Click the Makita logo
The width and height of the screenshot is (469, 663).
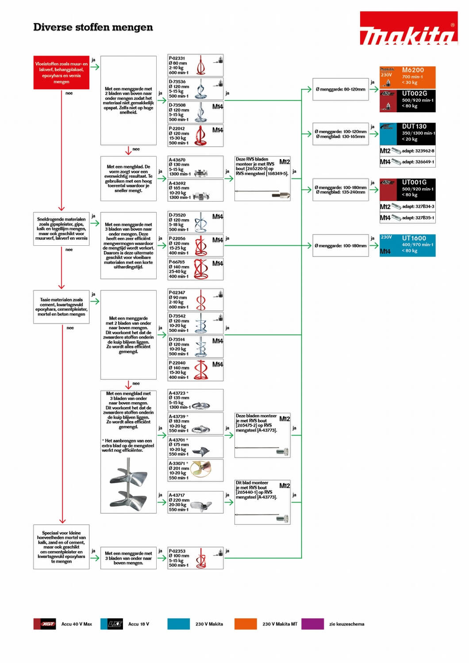[408, 28]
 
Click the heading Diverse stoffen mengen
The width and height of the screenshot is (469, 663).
[93, 27]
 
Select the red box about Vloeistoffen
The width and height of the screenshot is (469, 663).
[61, 72]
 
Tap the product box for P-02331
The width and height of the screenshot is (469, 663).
[195, 65]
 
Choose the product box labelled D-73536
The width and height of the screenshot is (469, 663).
[195, 89]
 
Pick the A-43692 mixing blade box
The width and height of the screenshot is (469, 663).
[195, 191]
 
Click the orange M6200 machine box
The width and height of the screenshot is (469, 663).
[407, 77]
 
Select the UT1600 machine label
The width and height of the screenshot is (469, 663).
[414, 238]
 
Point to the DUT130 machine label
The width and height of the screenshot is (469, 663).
[414, 126]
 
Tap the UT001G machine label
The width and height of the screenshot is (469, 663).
[414, 182]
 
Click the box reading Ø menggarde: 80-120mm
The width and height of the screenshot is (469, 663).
[340, 89]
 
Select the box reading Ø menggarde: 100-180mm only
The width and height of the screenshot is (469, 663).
[340, 246]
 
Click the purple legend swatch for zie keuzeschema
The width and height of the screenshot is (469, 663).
[313, 624]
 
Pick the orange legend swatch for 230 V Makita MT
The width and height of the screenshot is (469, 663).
[246, 624]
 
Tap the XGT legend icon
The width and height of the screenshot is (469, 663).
[44, 624]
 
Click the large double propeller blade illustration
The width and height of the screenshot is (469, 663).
[129, 484]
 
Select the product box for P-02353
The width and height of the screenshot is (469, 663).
[195, 558]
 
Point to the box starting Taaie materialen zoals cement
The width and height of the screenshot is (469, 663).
[61, 307]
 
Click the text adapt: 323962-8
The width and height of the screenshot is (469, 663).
[418, 151]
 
